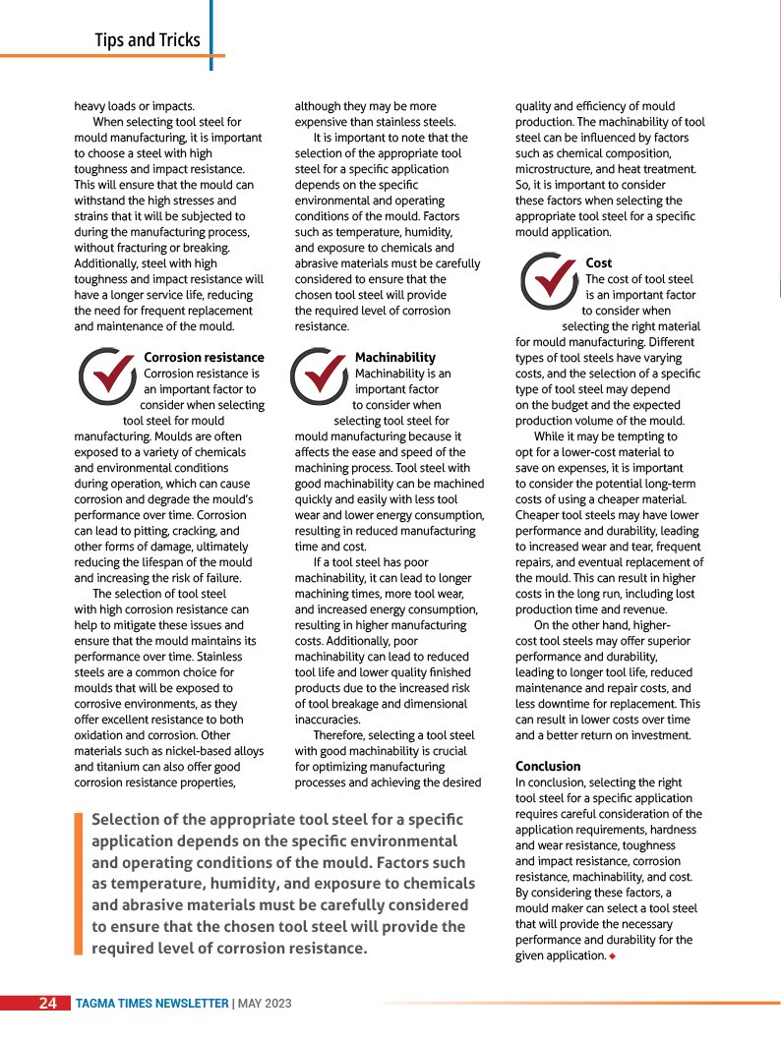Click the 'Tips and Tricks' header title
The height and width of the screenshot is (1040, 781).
tap(148, 40)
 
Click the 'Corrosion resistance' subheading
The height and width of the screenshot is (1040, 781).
tap(204, 358)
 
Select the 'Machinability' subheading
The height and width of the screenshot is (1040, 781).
tap(394, 358)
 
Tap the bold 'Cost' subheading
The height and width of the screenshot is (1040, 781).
tap(598, 263)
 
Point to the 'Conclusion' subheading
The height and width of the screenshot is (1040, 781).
tap(548, 766)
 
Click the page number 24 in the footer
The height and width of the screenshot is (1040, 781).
tap(47, 1004)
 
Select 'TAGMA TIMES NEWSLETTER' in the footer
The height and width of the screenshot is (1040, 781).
tap(151, 1004)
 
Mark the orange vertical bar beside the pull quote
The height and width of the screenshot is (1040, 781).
tap(79, 884)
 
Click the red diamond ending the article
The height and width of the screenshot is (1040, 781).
tap(612, 955)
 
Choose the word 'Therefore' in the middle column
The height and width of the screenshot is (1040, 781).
tap(342, 735)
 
